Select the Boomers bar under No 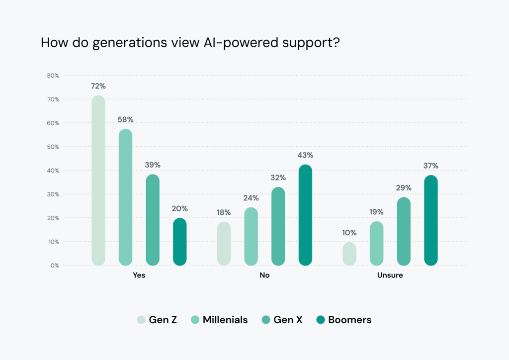pyautogui.click(x=305, y=215)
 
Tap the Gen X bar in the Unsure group pyautogui.click(x=404, y=231)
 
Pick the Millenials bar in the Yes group pyautogui.click(x=126, y=197)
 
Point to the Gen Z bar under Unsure pyautogui.click(x=349, y=254)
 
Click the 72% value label pyautogui.click(x=98, y=86)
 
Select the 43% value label pyautogui.click(x=305, y=155)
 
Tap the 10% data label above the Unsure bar pyautogui.click(x=349, y=232)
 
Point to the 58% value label pyautogui.click(x=126, y=119)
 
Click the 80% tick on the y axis pyautogui.click(x=53, y=76)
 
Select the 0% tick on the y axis pyautogui.click(x=55, y=266)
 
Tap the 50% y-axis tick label pyautogui.click(x=53, y=147)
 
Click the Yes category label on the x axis pyautogui.click(x=139, y=275)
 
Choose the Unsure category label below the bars pyautogui.click(x=390, y=275)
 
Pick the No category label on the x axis pyautogui.click(x=264, y=275)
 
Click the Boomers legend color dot pyautogui.click(x=321, y=320)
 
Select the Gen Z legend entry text pyautogui.click(x=163, y=320)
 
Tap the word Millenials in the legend pyautogui.click(x=225, y=320)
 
